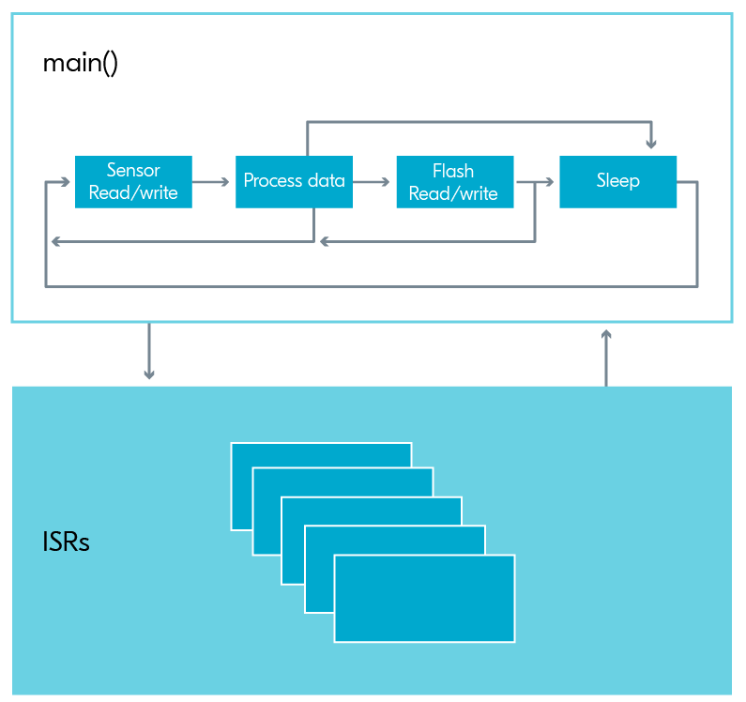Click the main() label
pyautogui.click(x=80, y=63)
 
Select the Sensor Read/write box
pyautogui.click(x=133, y=182)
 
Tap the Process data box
pyautogui.click(x=294, y=182)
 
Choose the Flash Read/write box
pyautogui.click(x=455, y=182)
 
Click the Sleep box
pyautogui.click(x=617, y=182)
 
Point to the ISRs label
pyautogui.click(x=66, y=542)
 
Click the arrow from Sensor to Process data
pyautogui.click(x=211, y=182)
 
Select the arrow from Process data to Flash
pyautogui.click(x=372, y=182)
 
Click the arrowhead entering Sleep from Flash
pyautogui.click(x=550, y=182)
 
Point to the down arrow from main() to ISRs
pyautogui.click(x=149, y=351)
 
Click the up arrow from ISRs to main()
pyautogui.click(x=606, y=358)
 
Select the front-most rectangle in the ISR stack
pyautogui.click(x=424, y=598)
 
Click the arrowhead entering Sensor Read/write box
pyautogui.click(x=65, y=182)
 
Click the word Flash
pyautogui.click(x=453, y=171)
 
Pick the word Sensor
pyautogui.click(x=133, y=170)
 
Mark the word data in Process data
pyautogui.click(x=327, y=180)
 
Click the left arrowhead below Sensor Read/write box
pyautogui.click(x=56, y=242)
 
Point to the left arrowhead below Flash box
pyautogui.click(x=325, y=242)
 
